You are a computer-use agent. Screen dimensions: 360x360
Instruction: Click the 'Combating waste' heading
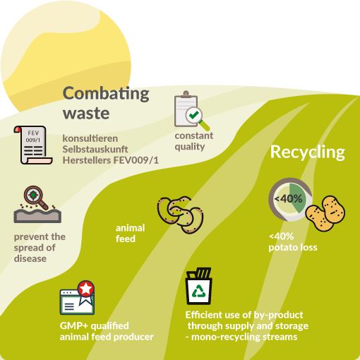point(106,103)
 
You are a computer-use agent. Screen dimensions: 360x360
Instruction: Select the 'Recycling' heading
point(308,152)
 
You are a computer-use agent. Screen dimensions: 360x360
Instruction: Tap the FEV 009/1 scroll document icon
point(32,145)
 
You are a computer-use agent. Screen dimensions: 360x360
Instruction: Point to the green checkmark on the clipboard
point(194,115)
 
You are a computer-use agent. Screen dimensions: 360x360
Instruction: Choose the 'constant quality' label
point(194,141)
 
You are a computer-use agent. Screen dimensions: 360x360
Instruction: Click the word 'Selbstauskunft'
point(95,149)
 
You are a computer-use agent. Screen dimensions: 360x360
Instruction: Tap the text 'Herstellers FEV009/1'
point(111,160)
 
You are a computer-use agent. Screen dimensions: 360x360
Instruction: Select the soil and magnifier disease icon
point(37,204)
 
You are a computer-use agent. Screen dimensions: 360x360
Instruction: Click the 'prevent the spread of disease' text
point(40,248)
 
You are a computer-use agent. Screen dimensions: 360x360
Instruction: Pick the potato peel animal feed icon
point(181,215)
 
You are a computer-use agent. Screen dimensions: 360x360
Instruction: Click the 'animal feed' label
point(130,233)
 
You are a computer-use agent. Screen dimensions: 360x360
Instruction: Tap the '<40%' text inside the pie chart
point(289,199)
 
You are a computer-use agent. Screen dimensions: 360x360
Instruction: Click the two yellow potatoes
point(325,213)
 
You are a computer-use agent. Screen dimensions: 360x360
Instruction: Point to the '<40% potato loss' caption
point(293,241)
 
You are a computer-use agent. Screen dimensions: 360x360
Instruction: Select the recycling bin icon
point(199,286)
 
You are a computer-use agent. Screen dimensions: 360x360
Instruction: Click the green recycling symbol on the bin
point(199,291)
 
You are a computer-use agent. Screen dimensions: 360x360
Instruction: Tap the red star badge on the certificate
point(86,288)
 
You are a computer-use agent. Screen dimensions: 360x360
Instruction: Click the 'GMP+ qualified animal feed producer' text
point(107,331)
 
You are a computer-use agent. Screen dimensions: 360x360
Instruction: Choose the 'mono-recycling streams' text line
point(241,337)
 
